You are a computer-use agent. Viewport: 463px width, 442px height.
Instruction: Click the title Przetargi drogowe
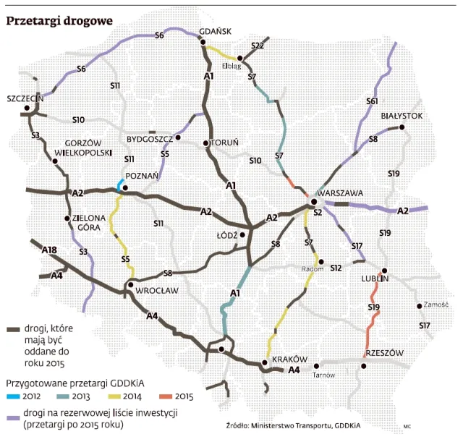click(59, 21)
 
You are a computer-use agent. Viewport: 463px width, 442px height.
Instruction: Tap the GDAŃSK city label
click(215, 32)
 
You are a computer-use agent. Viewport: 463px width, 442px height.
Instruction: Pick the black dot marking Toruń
click(206, 143)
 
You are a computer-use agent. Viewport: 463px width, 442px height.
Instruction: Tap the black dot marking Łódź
click(243, 234)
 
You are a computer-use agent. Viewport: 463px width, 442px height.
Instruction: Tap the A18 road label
click(50, 250)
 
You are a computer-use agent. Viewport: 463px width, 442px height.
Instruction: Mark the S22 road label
click(258, 46)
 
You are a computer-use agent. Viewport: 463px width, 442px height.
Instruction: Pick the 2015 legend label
click(184, 396)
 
